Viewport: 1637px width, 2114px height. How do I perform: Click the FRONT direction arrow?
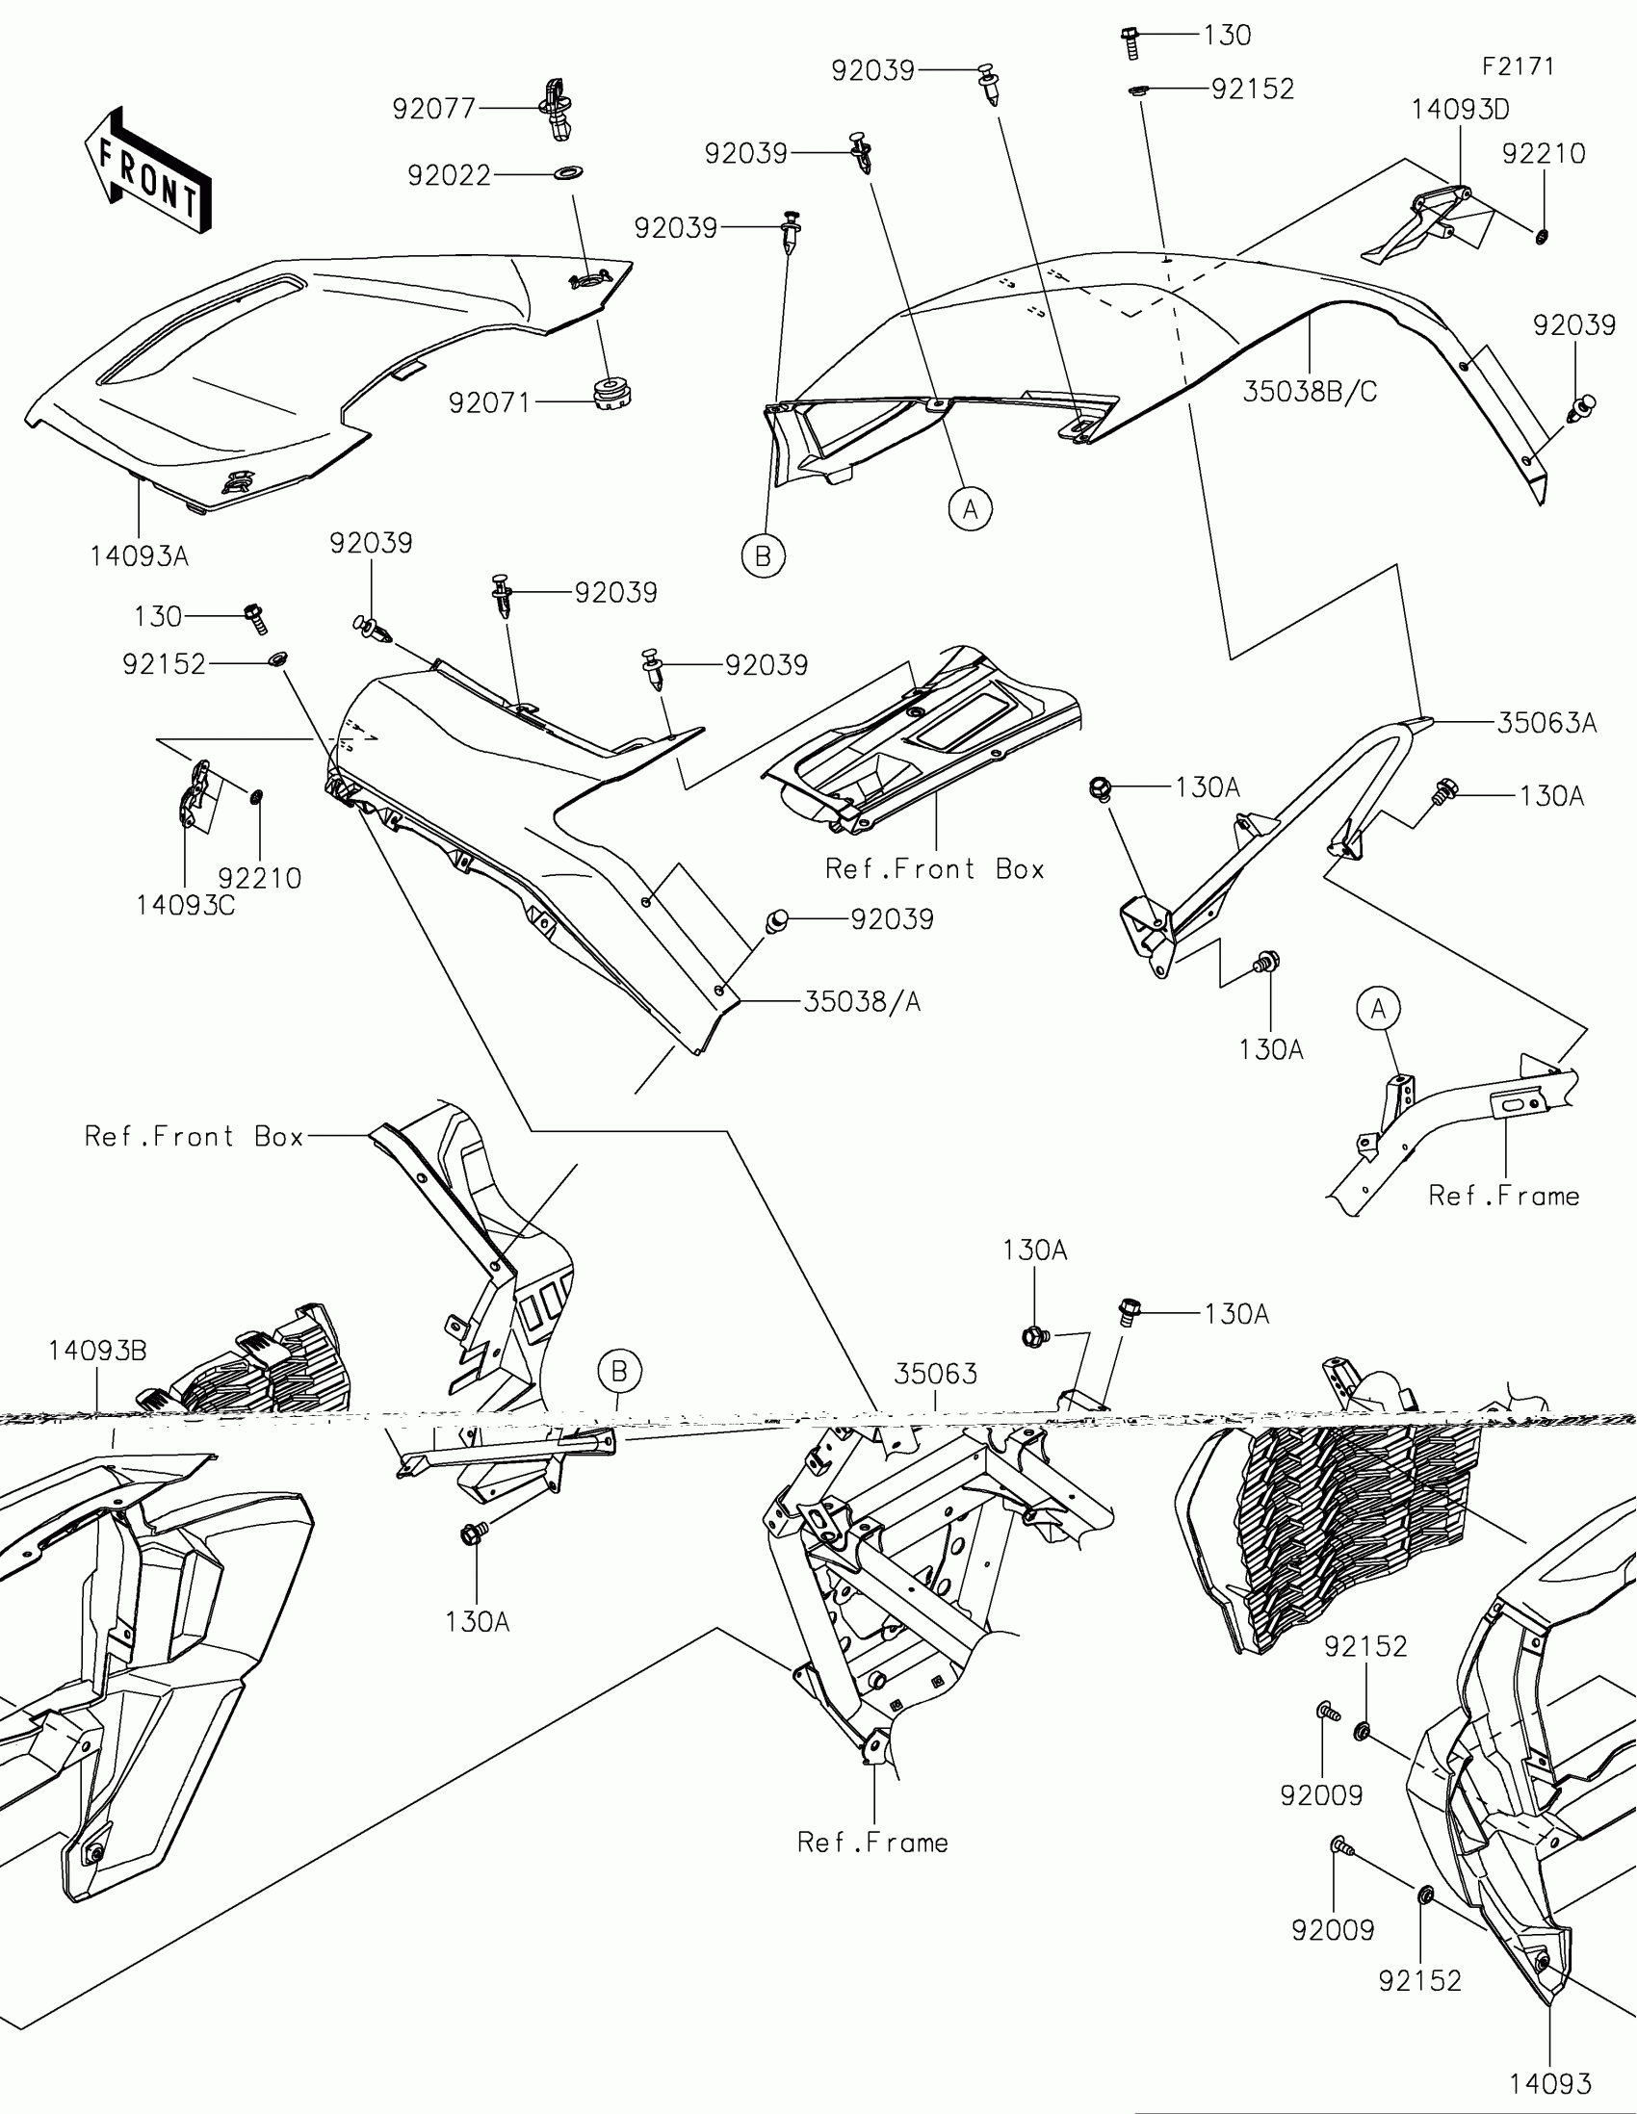tap(148, 170)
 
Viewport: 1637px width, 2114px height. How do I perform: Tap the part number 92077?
tap(433, 109)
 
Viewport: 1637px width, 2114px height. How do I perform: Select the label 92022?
tap(449, 175)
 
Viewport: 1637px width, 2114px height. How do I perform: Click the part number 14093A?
tap(140, 556)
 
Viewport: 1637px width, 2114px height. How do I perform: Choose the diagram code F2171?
tap(1518, 65)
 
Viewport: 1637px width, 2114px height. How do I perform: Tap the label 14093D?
tap(1460, 110)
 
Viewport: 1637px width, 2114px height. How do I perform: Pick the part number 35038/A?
tap(862, 1002)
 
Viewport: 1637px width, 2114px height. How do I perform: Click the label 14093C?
tap(186, 905)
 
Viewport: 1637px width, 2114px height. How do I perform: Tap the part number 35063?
tap(935, 1374)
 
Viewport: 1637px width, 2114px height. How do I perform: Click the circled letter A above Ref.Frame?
tap(1379, 1010)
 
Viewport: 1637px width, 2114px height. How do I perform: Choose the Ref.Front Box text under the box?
tap(934, 869)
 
